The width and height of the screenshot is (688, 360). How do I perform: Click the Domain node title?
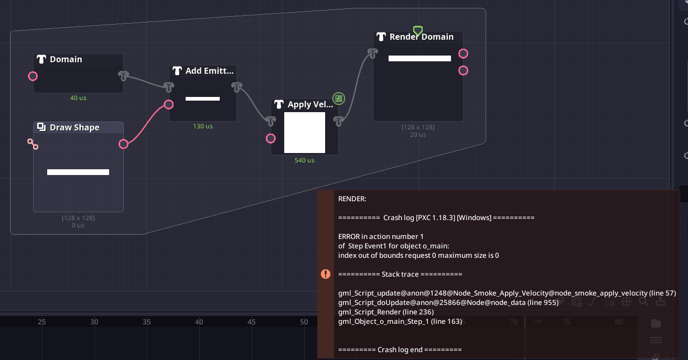pos(66,59)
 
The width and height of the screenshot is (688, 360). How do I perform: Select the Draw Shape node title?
pos(74,127)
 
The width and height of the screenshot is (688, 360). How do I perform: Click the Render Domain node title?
pos(421,37)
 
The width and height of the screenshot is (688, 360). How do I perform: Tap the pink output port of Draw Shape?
pos(123,144)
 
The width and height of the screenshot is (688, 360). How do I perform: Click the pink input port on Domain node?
pos(33,77)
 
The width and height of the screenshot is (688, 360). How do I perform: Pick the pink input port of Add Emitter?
pos(169,104)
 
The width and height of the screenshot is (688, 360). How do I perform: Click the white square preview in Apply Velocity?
pos(305,133)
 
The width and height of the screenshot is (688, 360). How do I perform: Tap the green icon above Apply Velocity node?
pos(339,98)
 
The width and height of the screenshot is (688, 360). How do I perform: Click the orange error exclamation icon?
pos(326,274)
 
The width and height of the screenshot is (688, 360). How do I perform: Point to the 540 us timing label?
pos(305,160)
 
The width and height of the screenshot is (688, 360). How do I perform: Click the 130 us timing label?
pos(203,126)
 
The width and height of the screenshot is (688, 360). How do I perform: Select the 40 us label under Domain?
pos(78,98)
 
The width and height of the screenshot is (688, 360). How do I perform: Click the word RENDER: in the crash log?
pos(352,199)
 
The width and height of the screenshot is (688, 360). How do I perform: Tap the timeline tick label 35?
pos(147,322)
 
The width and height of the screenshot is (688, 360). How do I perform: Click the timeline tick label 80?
pos(619,322)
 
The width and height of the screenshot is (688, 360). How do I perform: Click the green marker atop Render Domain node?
pos(417,30)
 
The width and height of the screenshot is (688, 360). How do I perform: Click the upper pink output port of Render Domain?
pos(463,53)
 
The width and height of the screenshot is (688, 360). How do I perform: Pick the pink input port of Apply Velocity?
pos(271,138)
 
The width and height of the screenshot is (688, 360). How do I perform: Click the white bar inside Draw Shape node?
pos(78,172)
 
